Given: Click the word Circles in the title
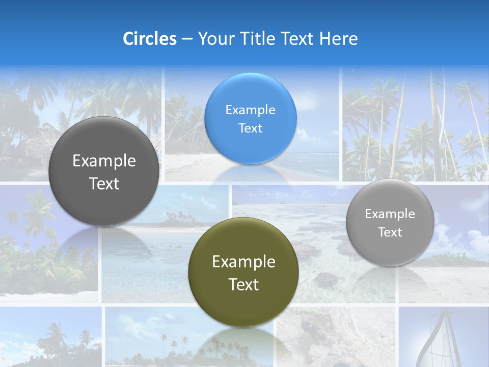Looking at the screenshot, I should coord(150,39).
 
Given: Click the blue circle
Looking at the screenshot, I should coord(250,119).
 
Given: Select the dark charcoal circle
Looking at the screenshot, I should coord(103,172).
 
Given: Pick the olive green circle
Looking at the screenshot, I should coord(243,273).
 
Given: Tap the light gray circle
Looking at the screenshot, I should coord(390,223).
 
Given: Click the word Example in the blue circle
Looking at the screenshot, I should coord(250,110).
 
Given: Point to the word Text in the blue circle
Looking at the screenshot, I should coord(250,128).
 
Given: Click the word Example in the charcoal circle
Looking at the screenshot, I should coord(104,161).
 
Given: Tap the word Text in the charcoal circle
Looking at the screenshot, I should coord(104,183).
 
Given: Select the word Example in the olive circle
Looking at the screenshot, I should coord(243,262).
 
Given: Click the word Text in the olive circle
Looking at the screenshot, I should coord(243,284).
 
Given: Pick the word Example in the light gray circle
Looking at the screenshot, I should coord(390,214).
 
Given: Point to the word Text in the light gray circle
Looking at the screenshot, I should coord(390,232).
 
